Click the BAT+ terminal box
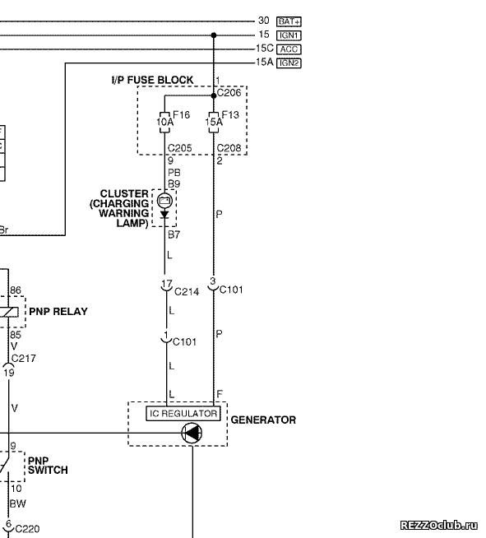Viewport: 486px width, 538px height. [x=289, y=21]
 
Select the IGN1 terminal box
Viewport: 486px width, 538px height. [x=289, y=35]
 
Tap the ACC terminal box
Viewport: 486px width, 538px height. [x=289, y=49]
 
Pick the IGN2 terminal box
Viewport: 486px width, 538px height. [x=289, y=63]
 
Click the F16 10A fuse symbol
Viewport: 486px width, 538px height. [x=164, y=122]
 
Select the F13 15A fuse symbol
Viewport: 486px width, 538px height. [x=214, y=122]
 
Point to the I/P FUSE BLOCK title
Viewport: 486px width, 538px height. [x=153, y=80]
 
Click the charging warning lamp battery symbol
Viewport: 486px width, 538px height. [x=164, y=201]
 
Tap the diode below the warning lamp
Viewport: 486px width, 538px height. [x=164, y=215]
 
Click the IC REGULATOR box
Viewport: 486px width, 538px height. [x=183, y=414]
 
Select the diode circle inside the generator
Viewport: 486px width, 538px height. [x=192, y=433]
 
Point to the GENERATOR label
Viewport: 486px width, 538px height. [x=263, y=420]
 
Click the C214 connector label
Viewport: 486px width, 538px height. [x=187, y=292]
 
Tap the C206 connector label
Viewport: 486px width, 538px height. [x=229, y=93]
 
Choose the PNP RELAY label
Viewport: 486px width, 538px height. [x=58, y=312]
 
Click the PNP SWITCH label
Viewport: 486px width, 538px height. [x=48, y=466]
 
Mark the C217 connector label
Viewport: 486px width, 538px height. [x=23, y=359]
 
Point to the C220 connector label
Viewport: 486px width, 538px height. [x=27, y=529]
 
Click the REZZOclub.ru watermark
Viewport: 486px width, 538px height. [x=439, y=525]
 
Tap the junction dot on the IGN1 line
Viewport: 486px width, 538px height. [x=214, y=35]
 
